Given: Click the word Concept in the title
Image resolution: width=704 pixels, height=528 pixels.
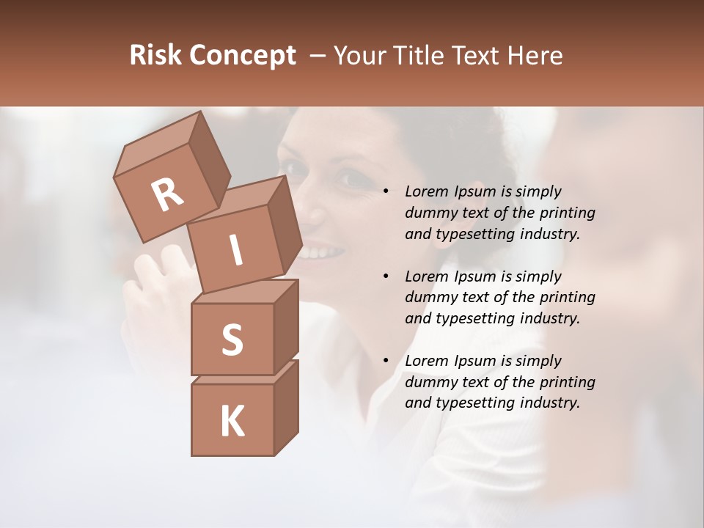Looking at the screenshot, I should (x=243, y=55).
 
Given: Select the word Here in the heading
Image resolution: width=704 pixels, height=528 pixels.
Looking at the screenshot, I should (x=536, y=55).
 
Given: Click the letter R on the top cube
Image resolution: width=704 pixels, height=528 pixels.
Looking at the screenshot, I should (x=167, y=194).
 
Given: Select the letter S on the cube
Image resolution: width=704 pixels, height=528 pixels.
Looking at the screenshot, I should (x=232, y=340).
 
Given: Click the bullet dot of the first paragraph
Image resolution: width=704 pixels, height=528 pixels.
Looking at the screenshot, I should (x=386, y=192).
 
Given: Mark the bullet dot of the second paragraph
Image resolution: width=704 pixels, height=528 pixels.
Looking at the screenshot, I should (x=386, y=277).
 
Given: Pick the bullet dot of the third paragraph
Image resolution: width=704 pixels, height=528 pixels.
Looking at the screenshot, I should (x=386, y=362).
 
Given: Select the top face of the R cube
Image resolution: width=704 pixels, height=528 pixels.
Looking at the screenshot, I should (x=160, y=140).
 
